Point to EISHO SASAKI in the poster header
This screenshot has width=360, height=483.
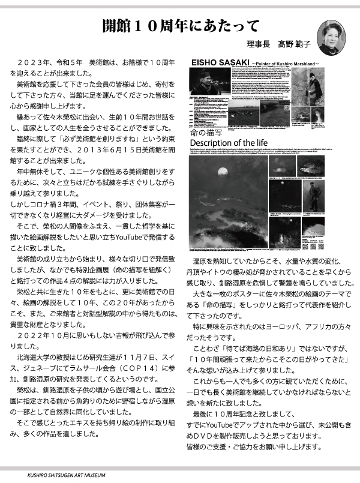[215, 62]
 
